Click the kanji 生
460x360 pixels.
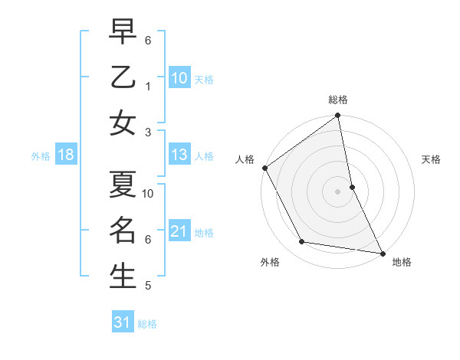pyautogui.click(x=123, y=276)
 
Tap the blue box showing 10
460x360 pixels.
pyautogui.click(x=179, y=77)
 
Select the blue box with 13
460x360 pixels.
pyautogui.click(x=179, y=155)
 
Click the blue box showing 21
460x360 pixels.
pyautogui.click(x=179, y=231)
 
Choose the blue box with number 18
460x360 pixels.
pyautogui.click(x=66, y=155)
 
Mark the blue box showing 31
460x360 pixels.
pyautogui.click(x=123, y=322)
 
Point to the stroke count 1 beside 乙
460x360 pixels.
pyautogui.click(x=149, y=86)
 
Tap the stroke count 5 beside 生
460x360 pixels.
pyautogui.click(x=149, y=286)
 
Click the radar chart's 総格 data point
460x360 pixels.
pyautogui.click(x=337, y=116)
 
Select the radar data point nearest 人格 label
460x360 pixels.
pyautogui.click(x=265, y=168)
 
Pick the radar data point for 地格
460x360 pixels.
pyautogui.click(x=382, y=253)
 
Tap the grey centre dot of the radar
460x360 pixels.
pyautogui.click(x=337, y=191)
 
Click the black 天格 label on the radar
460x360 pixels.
pyautogui.click(x=432, y=159)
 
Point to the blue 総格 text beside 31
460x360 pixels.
pyautogui.click(x=147, y=324)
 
